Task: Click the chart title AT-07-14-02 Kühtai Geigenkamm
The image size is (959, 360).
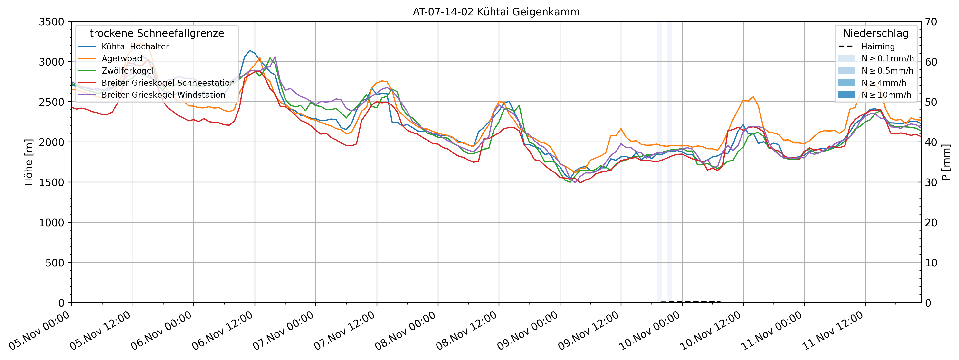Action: point(496,12)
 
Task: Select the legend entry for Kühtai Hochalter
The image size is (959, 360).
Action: point(135,47)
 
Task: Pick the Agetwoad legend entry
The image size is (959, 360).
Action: point(122,58)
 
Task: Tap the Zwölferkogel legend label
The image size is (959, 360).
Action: point(127,71)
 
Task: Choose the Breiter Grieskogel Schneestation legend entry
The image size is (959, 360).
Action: point(168,83)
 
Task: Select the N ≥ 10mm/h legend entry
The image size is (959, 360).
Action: point(886,95)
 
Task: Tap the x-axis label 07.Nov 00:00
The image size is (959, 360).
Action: point(284,331)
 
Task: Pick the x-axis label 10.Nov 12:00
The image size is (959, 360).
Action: point(711,331)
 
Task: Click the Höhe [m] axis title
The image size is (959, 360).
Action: point(29,162)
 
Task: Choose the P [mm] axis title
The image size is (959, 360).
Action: point(946,162)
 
